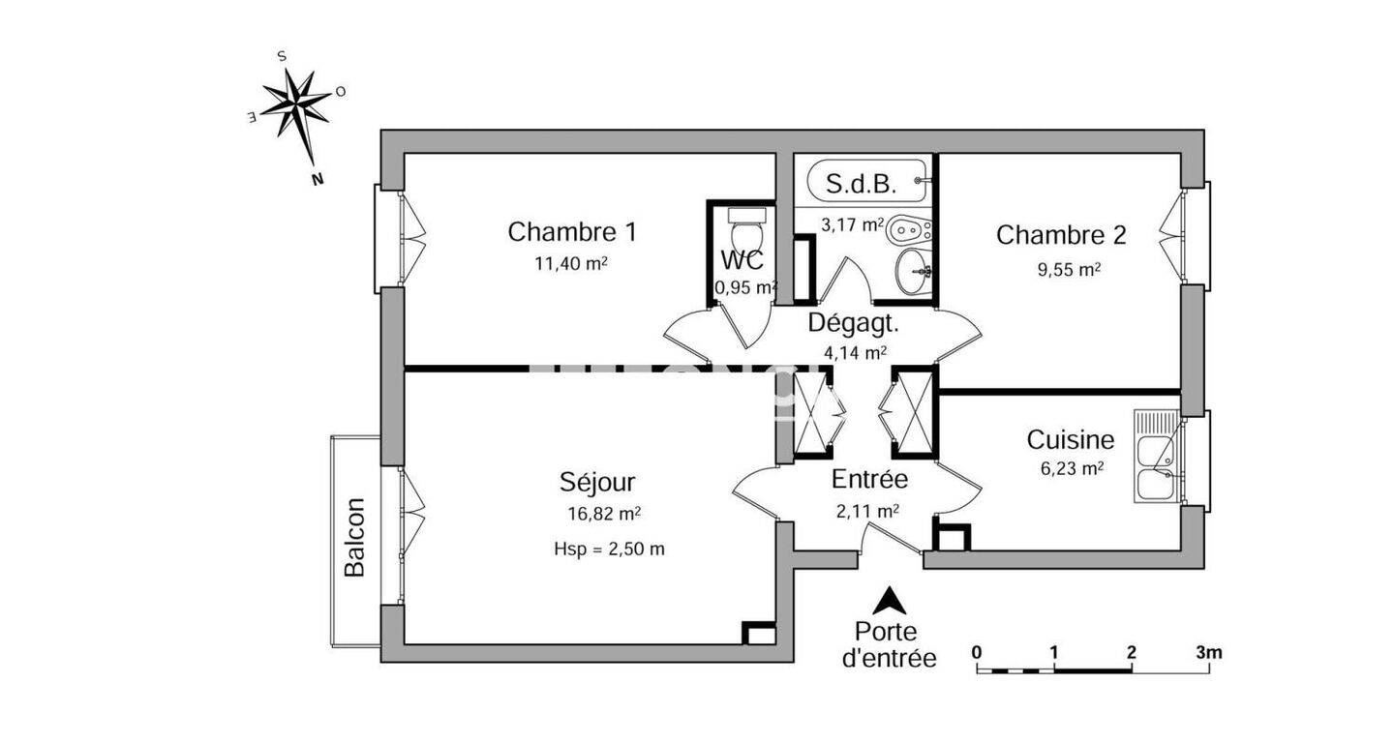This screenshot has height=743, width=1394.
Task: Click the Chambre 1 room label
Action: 572,232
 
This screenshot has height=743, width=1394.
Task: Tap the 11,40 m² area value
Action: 571,263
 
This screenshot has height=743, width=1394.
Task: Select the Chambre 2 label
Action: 1061,235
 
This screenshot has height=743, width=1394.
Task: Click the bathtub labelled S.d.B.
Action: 867,181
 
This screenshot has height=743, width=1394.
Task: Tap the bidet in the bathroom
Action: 909,232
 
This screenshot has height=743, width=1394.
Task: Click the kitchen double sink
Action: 1157,456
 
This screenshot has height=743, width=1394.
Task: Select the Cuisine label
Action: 1071,439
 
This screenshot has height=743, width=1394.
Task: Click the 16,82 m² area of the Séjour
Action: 604,514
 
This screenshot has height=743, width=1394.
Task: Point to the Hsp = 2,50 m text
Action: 609,549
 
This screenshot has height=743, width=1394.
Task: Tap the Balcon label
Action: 354,537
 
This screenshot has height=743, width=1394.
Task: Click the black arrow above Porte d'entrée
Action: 889,601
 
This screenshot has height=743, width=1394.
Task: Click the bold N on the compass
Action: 318,180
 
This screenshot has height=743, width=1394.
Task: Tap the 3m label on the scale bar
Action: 1208,652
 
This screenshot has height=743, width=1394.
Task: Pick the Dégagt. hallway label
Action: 853,323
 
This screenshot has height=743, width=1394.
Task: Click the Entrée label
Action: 869,480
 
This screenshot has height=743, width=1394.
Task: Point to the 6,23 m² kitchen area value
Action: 1072,468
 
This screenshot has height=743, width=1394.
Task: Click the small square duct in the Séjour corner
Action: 759,633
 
